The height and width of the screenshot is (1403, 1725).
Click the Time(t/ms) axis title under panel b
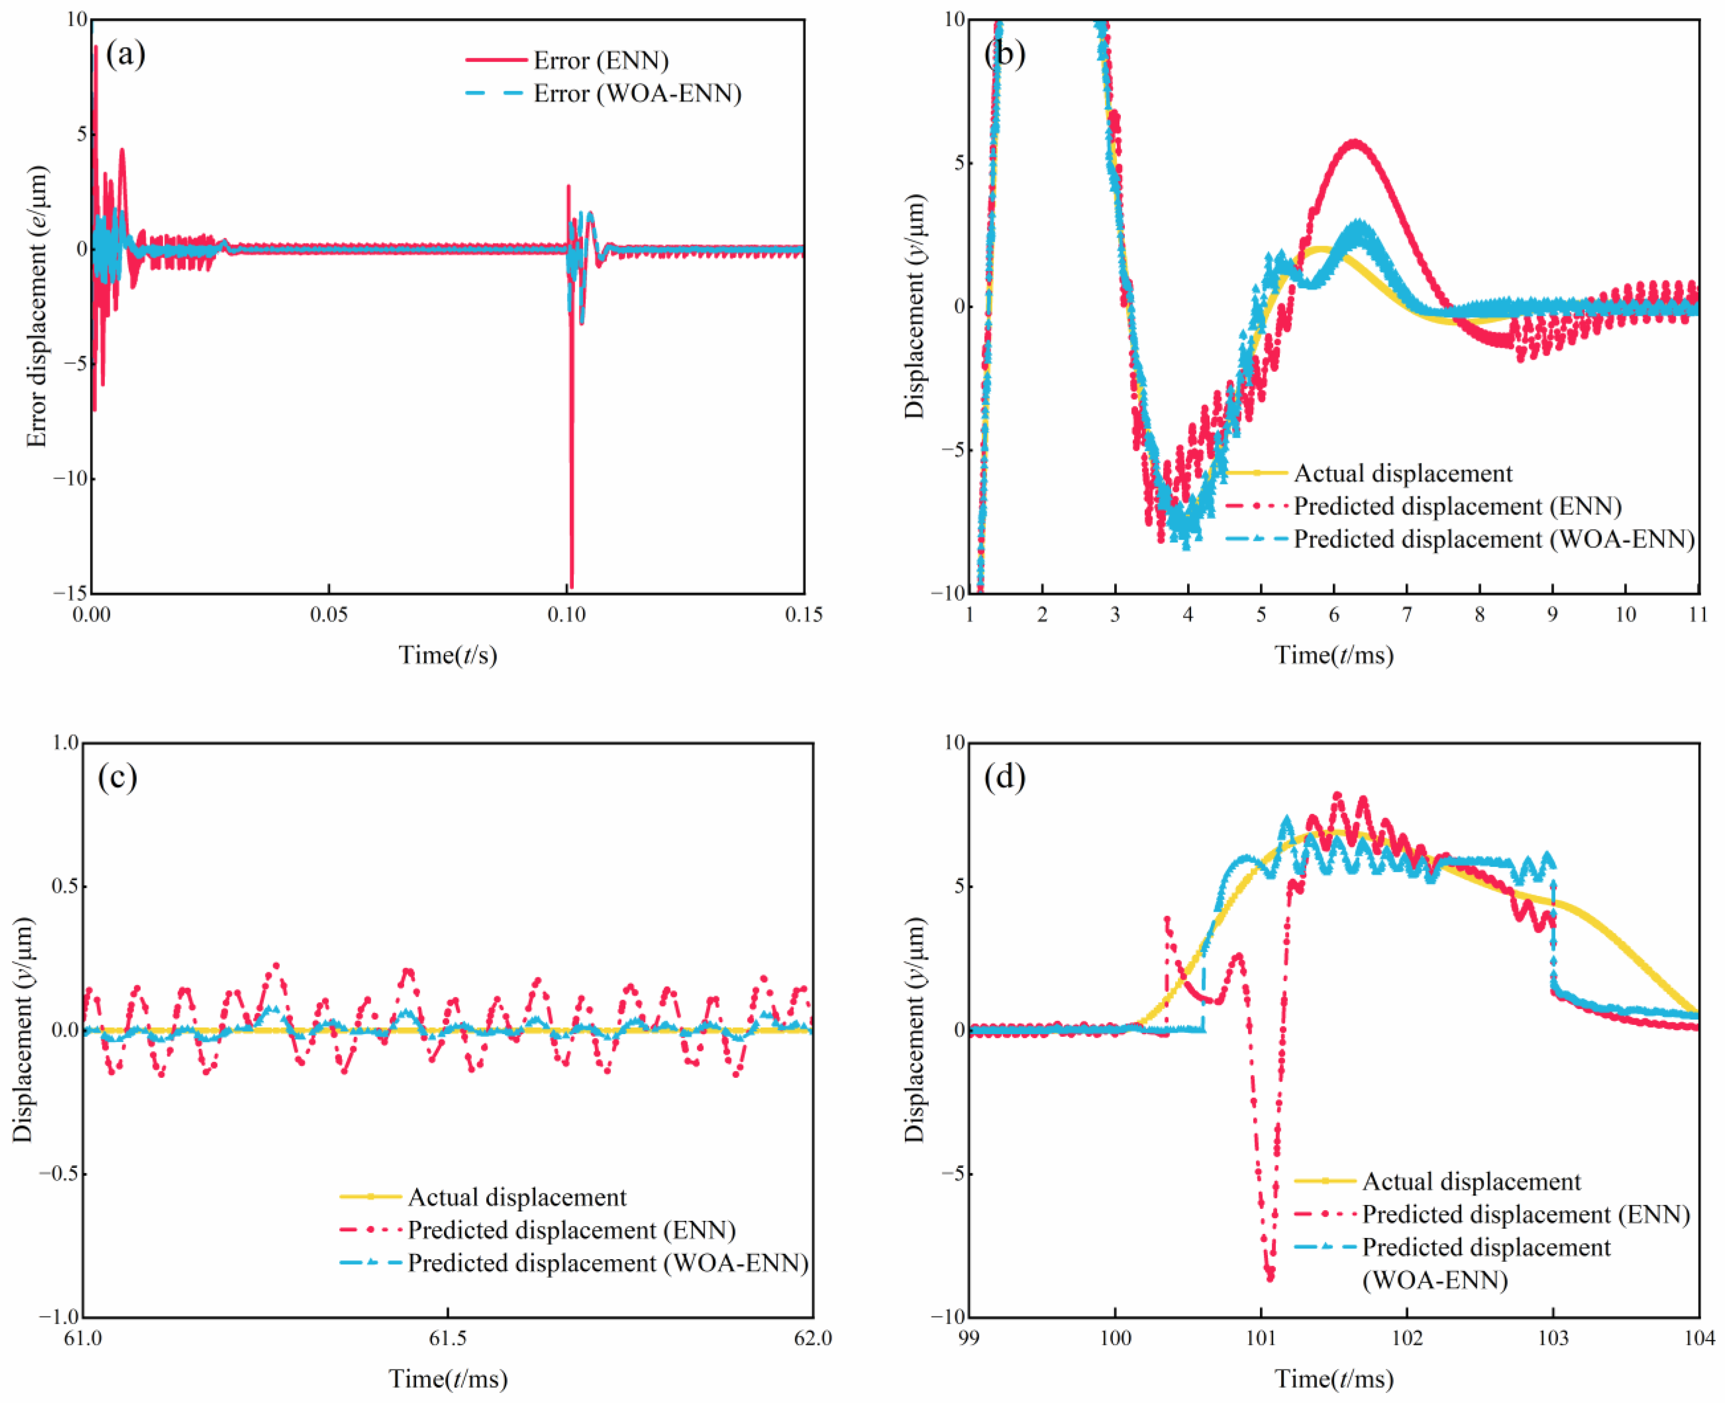coord(1334,655)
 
